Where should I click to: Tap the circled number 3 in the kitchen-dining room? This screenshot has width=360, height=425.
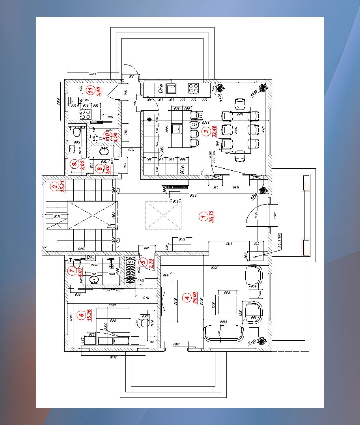tap(207, 131)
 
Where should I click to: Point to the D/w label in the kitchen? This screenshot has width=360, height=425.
tap(161, 88)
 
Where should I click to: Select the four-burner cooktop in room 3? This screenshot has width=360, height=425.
tap(193, 88)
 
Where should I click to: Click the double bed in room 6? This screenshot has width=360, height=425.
tap(113, 323)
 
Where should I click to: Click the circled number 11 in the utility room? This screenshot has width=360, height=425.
tap(90, 90)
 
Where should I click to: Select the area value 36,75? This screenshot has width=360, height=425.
tap(211, 217)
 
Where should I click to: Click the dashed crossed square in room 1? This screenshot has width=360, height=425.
tap(163, 215)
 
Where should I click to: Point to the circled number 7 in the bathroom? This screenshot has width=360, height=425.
tap(72, 271)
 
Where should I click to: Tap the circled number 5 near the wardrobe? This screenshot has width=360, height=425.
tap(144, 262)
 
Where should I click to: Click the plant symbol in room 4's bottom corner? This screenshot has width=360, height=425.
tap(261, 341)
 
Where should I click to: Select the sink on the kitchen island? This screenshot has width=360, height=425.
tap(177, 129)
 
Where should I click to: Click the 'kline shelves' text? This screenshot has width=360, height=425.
tap(212, 157)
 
